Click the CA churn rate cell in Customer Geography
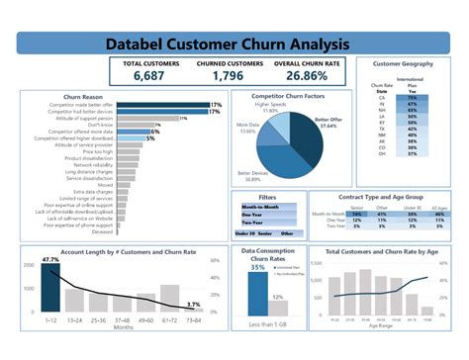pyautogui.click(x=408, y=99)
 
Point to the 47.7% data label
pyautogui.click(x=49, y=260)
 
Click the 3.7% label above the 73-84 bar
pyautogui.click(x=194, y=305)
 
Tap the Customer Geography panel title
pyautogui.click(x=403, y=63)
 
